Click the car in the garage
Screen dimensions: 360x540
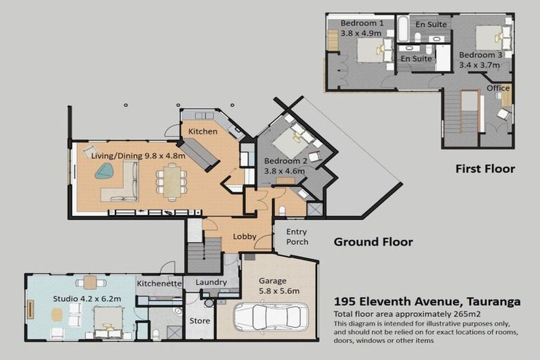point(271,316)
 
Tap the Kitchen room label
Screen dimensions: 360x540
point(202,131)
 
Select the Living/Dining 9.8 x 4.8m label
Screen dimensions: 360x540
point(138,155)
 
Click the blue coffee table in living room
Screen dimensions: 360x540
point(105,171)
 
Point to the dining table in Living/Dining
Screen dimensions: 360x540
point(172,181)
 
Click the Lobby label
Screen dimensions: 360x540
point(245,237)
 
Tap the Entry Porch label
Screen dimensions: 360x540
point(297,237)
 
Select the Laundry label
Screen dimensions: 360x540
point(212,283)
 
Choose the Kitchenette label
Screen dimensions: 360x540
point(160,283)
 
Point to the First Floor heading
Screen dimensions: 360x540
point(484,169)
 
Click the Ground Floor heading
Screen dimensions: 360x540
point(373,242)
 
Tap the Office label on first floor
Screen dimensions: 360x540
point(499,88)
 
